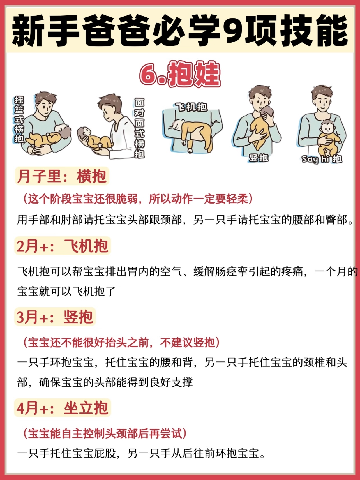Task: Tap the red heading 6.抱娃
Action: [x=180, y=74]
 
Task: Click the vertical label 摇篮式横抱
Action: [x=19, y=119]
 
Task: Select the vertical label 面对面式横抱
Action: [x=139, y=128]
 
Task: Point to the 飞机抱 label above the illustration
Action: [x=191, y=107]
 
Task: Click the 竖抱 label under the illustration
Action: [x=259, y=158]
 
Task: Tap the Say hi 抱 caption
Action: [x=322, y=159]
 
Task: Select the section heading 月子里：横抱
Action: [x=62, y=176]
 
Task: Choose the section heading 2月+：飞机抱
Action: [x=62, y=246]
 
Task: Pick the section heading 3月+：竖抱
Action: [x=55, y=317]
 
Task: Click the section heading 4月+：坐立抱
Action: [x=62, y=408]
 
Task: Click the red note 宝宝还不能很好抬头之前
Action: [x=121, y=342]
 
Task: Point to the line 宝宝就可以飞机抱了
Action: [x=66, y=292]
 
